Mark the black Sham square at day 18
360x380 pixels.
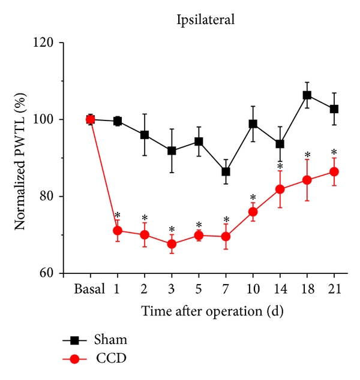307,95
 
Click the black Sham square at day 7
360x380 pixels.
226,172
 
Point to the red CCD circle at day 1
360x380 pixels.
118,230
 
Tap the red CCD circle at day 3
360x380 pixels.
172,244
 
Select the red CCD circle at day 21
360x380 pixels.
334,172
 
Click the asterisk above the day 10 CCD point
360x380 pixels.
253,197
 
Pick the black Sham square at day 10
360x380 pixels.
253,124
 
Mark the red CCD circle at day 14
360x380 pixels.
280,189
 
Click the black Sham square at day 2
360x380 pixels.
145,135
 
